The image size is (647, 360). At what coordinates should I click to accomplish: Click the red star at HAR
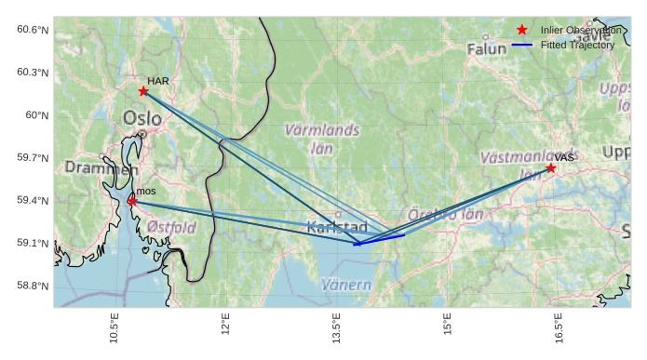pos(143,90)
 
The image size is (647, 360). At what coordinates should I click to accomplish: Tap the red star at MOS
pos(132,200)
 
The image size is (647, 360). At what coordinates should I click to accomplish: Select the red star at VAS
pos(551,167)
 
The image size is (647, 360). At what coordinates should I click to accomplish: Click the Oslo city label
pos(142,119)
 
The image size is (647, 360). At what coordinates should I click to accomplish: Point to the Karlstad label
pos(337,227)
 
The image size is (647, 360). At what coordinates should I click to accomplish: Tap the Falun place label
pos(487,48)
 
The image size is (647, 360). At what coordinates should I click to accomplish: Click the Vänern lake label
pos(346,285)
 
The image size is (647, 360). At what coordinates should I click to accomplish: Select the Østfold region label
pos(171,226)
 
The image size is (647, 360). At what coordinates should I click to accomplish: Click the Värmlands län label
pos(322,139)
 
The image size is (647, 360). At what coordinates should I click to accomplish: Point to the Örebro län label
pos(447,215)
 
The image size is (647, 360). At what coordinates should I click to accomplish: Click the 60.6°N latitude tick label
pos(33,30)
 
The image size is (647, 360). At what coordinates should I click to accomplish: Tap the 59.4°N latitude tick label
pos(33,201)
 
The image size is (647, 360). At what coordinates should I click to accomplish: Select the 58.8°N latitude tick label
pos(33,286)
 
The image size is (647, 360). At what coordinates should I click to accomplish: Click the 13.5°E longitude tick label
pos(335,329)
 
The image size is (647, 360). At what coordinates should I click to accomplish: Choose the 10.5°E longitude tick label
pos(115,329)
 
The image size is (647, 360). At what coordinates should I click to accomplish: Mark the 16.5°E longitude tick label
pos(557,329)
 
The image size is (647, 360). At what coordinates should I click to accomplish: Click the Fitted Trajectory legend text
pos(577,45)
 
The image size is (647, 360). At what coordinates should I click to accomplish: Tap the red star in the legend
pos(521,31)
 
